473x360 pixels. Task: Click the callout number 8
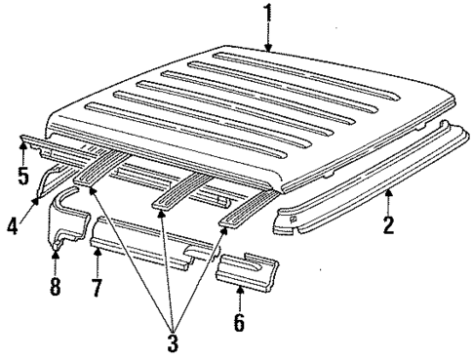click(56, 289)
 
